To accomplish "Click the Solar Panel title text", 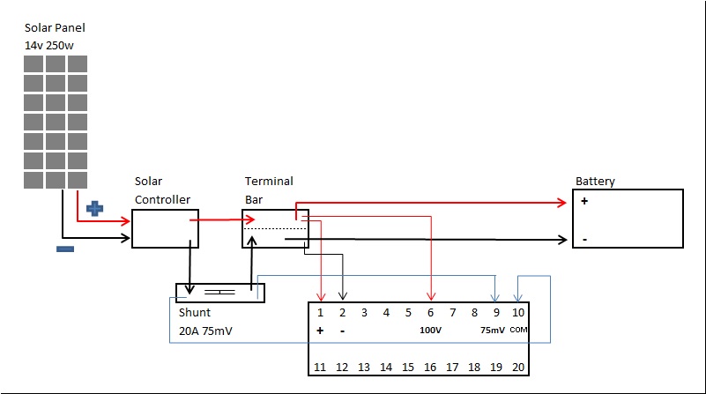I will tap(55, 28).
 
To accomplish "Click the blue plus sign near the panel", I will tap(94, 209).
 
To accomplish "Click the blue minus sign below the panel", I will tap(64, 249).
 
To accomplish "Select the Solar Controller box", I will tap(165, 228).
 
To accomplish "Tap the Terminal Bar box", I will tap(275, 228).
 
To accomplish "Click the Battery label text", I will tap(595, 182).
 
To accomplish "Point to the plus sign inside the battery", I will tap(584, 201).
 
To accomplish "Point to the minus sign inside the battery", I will tap(584, 239).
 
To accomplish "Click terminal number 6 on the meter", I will tap(430, 312).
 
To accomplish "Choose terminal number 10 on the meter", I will tap(518, 312).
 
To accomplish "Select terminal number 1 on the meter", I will tap(320, 312).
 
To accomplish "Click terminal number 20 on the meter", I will tap(518, 367).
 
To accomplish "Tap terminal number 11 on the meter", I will tap(320, 367).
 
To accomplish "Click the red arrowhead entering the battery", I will tap(564, 202).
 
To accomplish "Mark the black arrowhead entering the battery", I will tap(564, 239).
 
